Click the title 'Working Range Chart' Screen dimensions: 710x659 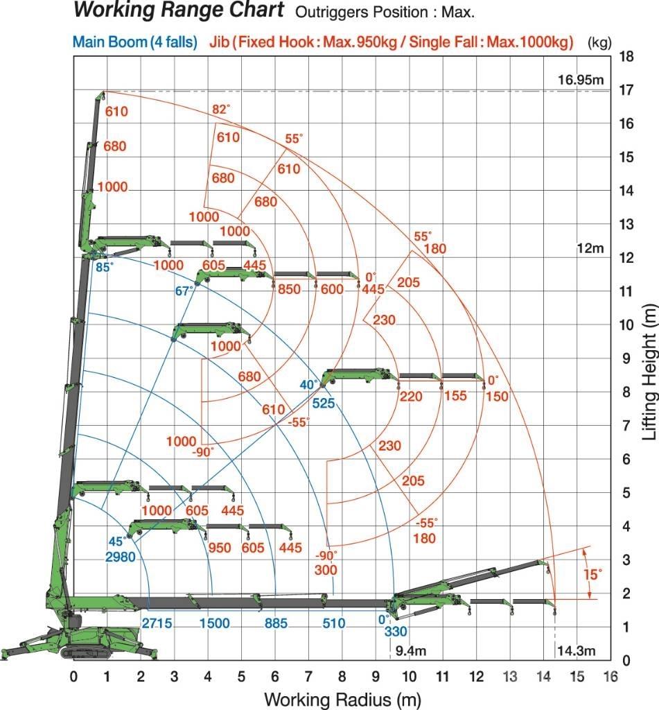179,10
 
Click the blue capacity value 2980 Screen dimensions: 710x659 121,555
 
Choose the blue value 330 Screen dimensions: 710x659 396,631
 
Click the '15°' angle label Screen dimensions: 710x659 591,574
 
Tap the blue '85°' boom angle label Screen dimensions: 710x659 104,266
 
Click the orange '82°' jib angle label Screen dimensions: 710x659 221,109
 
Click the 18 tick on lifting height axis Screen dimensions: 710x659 626,57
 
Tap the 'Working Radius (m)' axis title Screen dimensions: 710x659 342,698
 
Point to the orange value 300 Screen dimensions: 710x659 326,570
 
